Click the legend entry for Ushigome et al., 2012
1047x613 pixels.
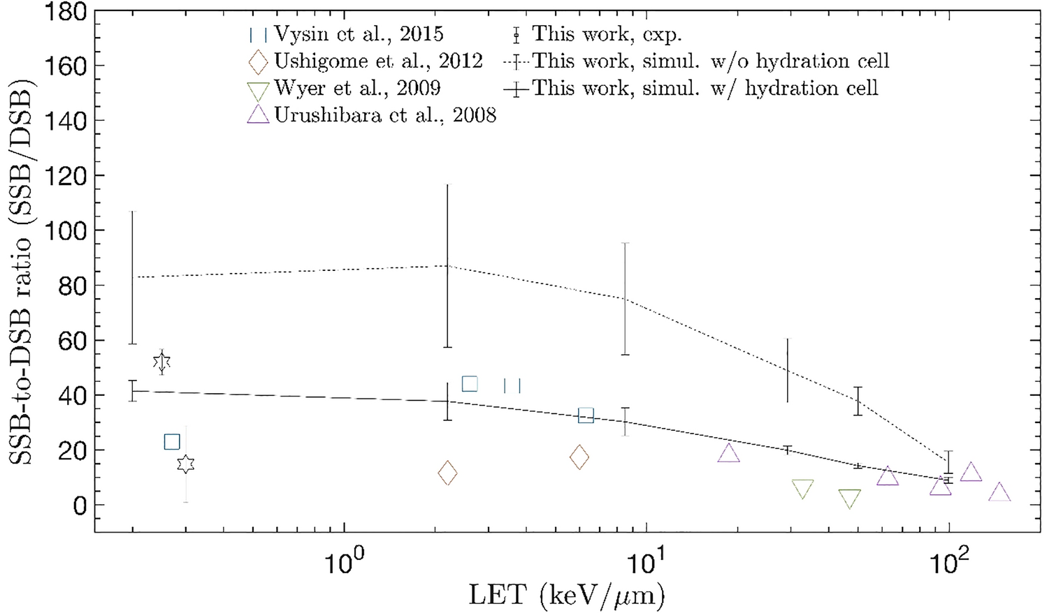click(377, 61)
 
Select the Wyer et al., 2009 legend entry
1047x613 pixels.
click(356, 89)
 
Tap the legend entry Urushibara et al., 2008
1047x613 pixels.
click(384, 115)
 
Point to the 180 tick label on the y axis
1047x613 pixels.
click(66, 12)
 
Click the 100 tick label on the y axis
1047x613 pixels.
click(66, 230)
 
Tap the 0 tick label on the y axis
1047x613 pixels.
click(79, 505)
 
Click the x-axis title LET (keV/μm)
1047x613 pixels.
click(566, 595)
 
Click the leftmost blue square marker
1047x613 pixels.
click(172, 441)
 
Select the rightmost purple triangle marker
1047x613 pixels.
click(999, 492)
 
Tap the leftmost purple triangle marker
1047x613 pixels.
click(728, 453)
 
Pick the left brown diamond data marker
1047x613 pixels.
click(447, 473)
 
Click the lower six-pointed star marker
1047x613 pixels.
click(185, 464)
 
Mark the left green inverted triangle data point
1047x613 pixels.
click(803, 489)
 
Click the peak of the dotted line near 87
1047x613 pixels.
click(447, 265)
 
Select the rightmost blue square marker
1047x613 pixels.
click(586, 415)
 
